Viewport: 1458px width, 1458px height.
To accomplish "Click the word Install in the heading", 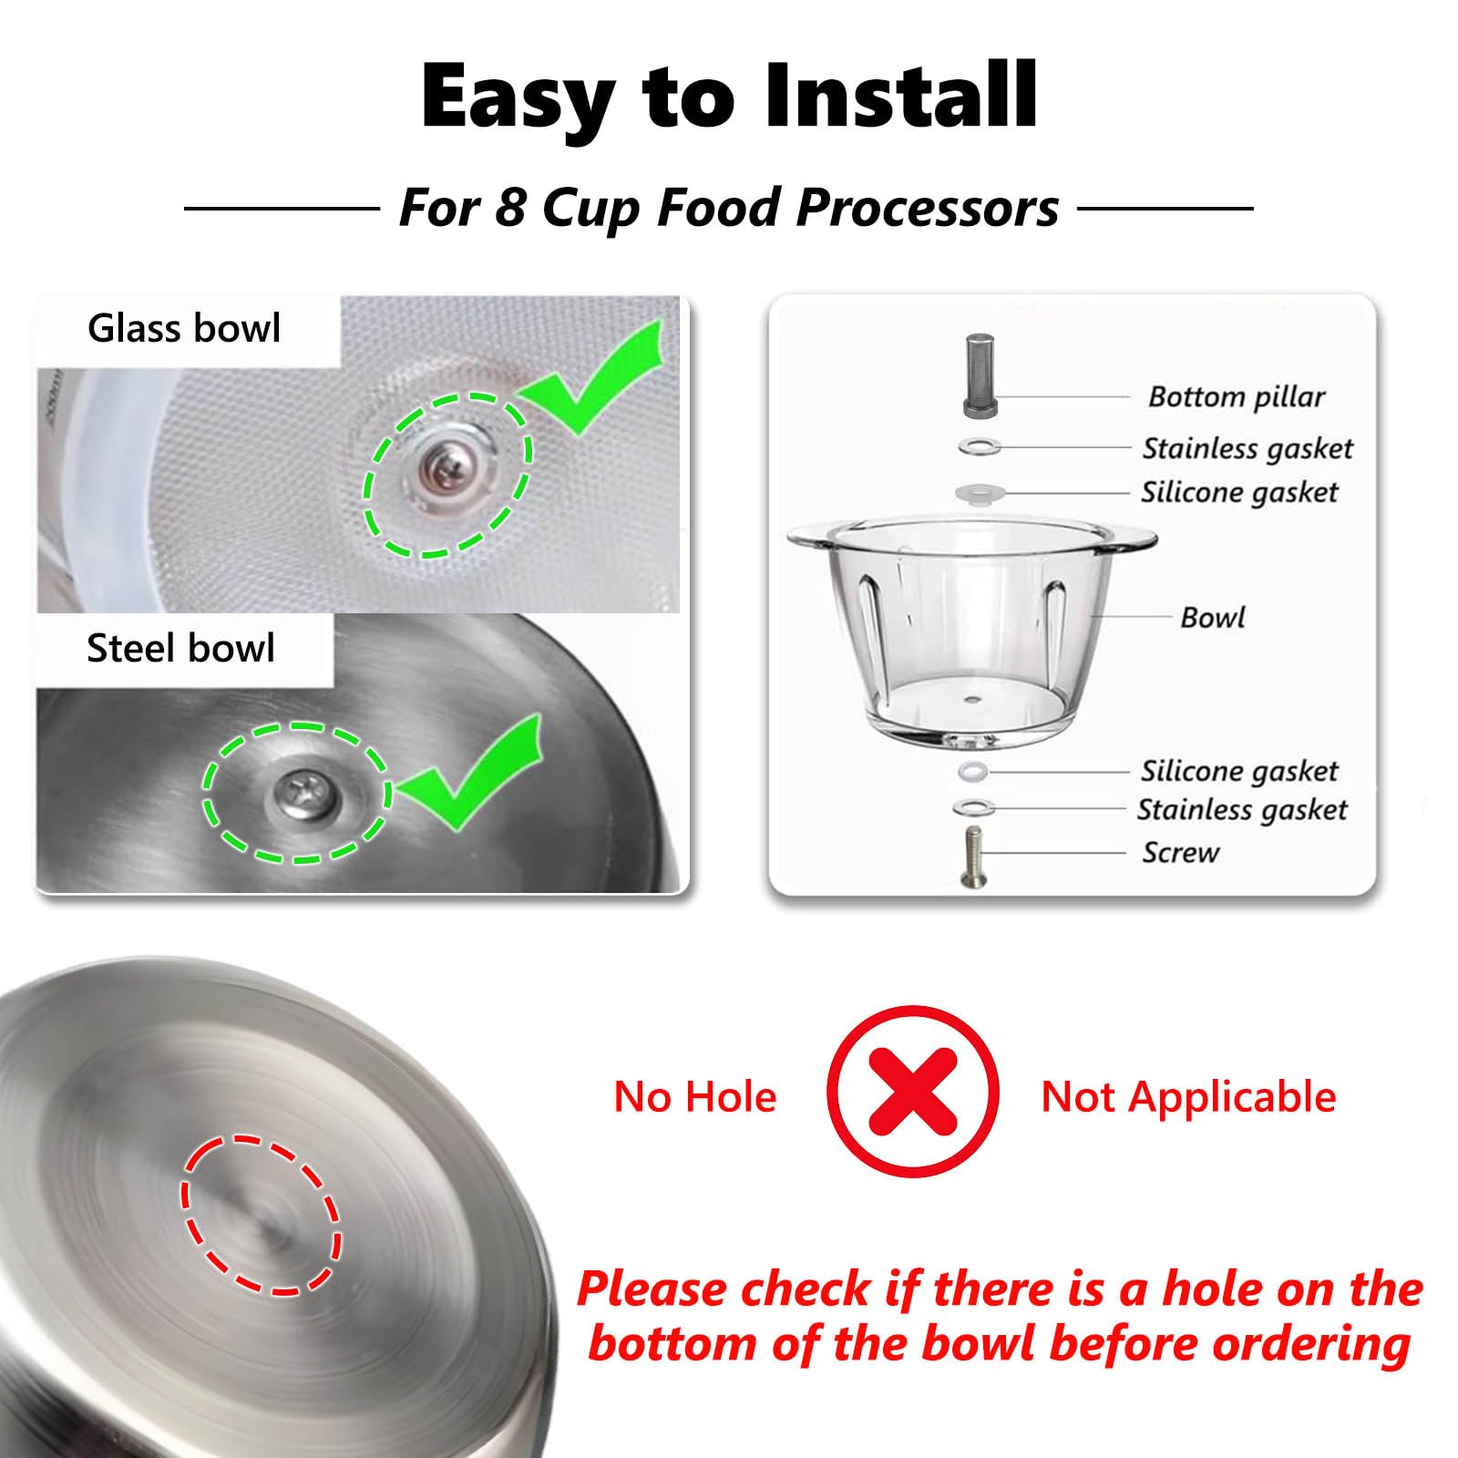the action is pos(900,95).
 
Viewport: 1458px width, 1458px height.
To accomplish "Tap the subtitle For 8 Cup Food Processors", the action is pos(729,208).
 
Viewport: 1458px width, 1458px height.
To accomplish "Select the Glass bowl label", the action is pos(184,328).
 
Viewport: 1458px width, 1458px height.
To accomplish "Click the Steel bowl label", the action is pos(180,648).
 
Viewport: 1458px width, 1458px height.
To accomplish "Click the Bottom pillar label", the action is pos(1237,396).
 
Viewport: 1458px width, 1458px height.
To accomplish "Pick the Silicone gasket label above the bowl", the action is pos(1239,492).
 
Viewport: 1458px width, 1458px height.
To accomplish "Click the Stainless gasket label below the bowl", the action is pos(1242,809).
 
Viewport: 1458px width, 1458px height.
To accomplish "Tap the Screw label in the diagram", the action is pos(1181,853).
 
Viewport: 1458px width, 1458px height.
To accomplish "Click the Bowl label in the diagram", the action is pos(1212,618).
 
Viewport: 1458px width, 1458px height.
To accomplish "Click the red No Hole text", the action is pos(695,1096).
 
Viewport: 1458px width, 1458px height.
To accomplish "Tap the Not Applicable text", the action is pos(1188,1097).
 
